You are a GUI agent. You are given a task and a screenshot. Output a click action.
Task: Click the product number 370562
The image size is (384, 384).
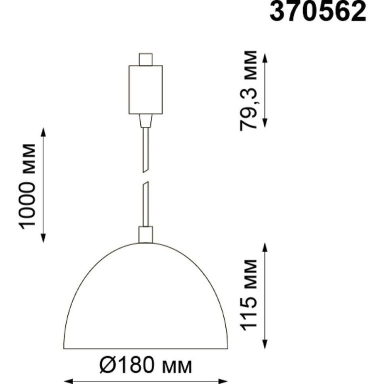pos(318,11)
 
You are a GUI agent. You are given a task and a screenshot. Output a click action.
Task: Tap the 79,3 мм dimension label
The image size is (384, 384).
pos(248,90)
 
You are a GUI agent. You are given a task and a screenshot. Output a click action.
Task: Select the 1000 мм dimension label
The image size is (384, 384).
pos(27,186)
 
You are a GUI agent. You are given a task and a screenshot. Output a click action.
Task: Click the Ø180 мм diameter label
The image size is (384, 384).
pos(145,365)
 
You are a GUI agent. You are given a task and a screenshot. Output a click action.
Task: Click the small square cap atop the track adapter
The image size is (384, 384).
pos(145,59)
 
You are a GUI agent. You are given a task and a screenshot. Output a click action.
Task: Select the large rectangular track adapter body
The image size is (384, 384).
pos(145,89)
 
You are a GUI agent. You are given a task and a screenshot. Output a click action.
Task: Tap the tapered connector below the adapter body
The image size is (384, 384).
pos(145,120)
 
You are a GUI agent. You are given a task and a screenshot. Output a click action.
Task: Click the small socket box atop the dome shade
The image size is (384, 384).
pos(145,234)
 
